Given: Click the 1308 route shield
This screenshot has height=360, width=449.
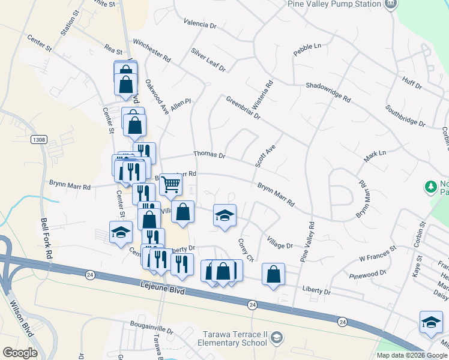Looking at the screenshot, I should coord(39,139).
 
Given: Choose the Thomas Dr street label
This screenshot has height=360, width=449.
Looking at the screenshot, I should coord(209,155).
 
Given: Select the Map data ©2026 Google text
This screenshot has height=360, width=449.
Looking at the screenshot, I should coord(411,355).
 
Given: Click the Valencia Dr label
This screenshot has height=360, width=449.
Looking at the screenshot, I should coord(200,23).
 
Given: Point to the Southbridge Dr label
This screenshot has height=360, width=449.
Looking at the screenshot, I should coord(405,116).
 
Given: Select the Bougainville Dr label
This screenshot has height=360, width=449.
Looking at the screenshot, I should coord(151,330).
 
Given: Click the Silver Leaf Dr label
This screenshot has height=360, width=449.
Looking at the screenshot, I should coord(208,60).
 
